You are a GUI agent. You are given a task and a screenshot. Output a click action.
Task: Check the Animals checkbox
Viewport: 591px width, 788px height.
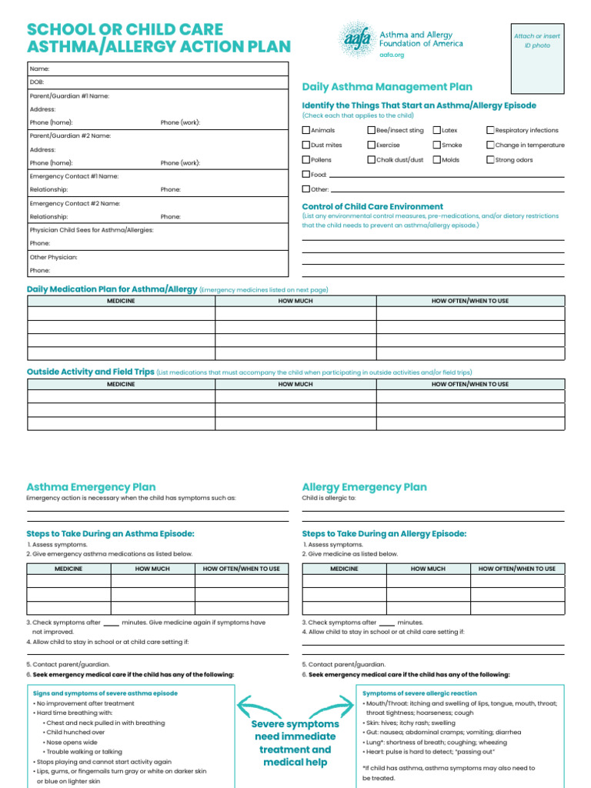(x=306, y=131)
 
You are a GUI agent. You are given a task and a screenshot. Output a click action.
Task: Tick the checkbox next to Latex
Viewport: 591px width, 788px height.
(x=437, y=131)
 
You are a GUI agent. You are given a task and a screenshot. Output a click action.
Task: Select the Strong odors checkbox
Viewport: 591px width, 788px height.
(x=490, y=160)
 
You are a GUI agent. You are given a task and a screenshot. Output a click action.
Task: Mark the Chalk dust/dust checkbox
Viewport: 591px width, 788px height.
(x=372, y=160)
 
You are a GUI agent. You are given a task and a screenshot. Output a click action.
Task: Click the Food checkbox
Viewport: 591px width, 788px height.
(x=306, y=175)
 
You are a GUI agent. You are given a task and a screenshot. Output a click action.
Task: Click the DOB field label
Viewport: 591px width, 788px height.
(x=37, y=82)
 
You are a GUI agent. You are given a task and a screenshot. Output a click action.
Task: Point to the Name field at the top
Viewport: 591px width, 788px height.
(x=40, y=68)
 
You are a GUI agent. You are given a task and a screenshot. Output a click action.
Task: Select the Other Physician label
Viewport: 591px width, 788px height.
(x=54, y=257)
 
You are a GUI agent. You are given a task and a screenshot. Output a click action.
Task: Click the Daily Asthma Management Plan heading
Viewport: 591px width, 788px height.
(x=387, y=87)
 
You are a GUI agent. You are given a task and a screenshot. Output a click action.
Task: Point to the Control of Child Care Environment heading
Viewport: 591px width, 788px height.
(x=372, y=206)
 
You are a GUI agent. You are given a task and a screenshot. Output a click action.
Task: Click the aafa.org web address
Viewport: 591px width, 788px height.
(x=392, y=55)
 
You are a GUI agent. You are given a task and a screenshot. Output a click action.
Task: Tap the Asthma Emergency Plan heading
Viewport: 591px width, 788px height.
(x=91, y=487)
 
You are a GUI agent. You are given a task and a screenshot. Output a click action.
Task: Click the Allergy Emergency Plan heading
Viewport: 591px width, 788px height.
(x=364, y=487)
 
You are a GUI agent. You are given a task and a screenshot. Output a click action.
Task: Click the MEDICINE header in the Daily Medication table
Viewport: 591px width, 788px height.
(x=121, y=301)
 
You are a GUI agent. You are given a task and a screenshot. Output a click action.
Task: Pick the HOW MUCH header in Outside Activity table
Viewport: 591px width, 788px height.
(x=295, y=384)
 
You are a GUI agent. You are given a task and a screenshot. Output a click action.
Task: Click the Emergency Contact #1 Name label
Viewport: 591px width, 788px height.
(x=74, y=176)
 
